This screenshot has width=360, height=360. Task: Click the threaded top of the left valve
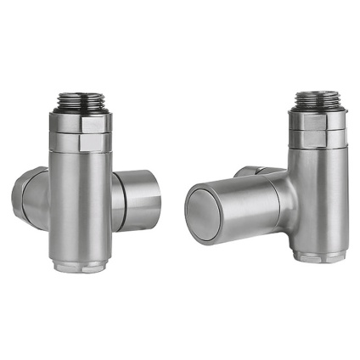pyautogui.click(x=82, y=103)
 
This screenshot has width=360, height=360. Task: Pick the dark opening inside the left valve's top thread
pyautogui.click(x=82, y=93)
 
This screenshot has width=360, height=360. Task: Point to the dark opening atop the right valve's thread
pyautogui.click(x=318, y=89)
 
